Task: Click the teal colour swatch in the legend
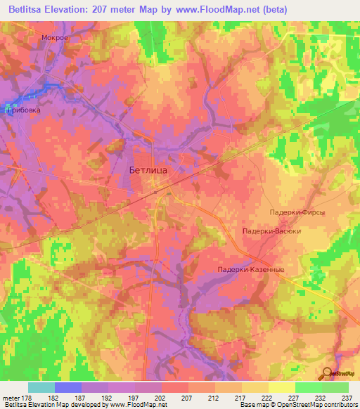(41, 387)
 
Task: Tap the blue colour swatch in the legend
(68, 387)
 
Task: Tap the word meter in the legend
(13, 397)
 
